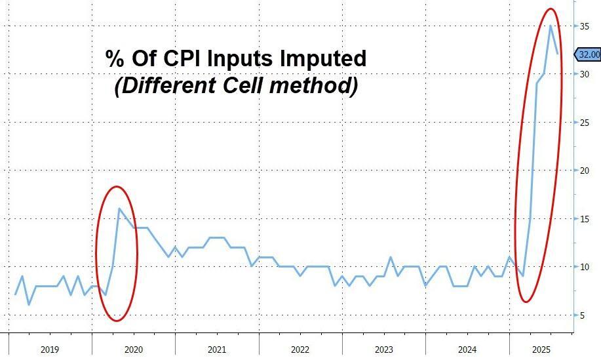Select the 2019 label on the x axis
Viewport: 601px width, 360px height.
coord(50,350)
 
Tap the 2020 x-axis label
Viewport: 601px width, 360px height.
coord(133,350)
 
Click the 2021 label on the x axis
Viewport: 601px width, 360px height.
coord(216,350)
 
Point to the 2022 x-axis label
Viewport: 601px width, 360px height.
coord(300,350)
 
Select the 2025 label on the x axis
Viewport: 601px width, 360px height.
coord(541,350)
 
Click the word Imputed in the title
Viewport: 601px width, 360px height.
coord(323,58)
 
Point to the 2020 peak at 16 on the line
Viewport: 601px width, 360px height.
coord(119,209)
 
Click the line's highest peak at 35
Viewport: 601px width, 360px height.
coord(551,26)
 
